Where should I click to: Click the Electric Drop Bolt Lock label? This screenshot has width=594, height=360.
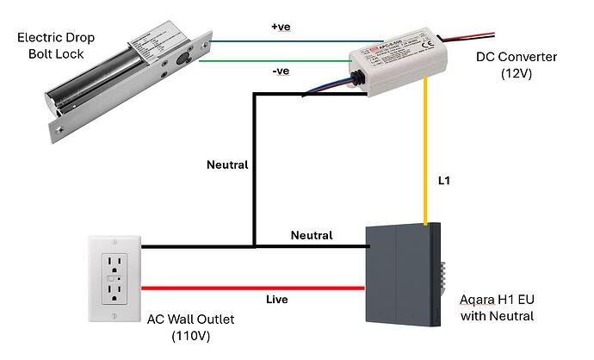[x=55, y=46]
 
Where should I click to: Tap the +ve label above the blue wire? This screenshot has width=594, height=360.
[x=281, y=28]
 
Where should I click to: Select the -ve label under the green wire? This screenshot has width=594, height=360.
[x=280, y=71]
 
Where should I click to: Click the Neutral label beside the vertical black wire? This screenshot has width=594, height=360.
[x=227, y=164]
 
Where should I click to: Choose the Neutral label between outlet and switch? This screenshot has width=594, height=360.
[x=312, y=234]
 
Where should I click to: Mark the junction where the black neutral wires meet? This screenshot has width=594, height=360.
[x=253, y=247]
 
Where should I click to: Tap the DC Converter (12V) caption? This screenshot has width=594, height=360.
[x=517, y=65]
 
